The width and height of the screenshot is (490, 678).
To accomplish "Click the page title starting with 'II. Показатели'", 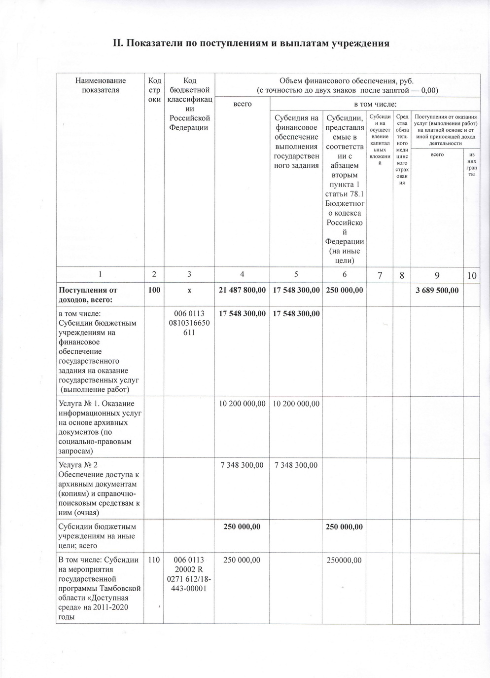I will click(251, 43).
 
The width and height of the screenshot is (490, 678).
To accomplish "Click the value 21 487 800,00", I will click(242, 290).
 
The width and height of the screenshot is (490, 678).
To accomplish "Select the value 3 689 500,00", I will click(437, 290).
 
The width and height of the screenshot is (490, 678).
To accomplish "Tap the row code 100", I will click(154, 290).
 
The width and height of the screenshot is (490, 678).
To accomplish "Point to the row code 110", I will click(154, 560).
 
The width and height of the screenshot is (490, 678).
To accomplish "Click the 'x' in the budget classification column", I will click(189, 290).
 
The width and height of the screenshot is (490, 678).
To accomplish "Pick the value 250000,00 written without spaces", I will click(344, 560).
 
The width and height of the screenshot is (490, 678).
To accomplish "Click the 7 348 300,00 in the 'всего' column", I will click(242, 465).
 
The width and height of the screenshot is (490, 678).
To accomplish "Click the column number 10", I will click(472, 276).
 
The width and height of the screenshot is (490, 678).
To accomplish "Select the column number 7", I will click(380, 275).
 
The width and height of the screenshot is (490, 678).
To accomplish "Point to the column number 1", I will click(100, 275).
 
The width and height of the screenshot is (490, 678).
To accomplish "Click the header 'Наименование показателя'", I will click(100, 85).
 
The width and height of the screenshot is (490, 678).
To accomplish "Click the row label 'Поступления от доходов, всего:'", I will click(88, 295).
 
